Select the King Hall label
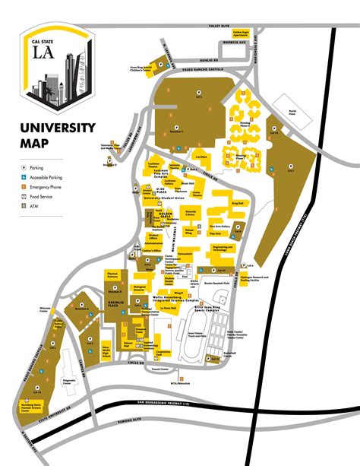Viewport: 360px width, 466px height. coord(237,203)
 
